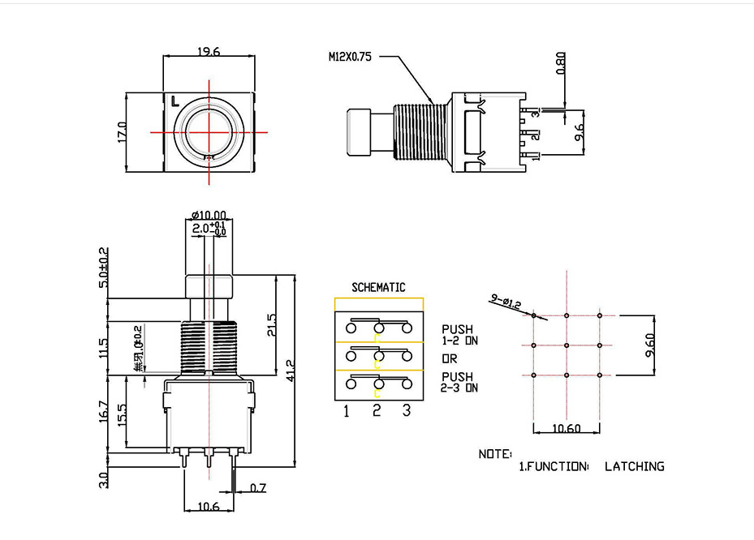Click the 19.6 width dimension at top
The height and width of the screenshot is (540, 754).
[209, 52]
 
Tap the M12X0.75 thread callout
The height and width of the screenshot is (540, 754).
[350, 58]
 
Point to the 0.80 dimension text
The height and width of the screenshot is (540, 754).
[559, 63]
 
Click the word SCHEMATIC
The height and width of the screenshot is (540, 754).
[378, 287]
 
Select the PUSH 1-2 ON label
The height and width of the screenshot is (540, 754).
[459, 335]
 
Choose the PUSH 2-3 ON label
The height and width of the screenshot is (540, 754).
[459, 382]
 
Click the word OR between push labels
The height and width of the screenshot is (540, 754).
[450, 358]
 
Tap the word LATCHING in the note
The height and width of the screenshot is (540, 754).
[634, 466]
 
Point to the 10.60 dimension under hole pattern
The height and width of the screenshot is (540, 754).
[566, 428]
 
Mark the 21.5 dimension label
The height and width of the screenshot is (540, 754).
[271, 324]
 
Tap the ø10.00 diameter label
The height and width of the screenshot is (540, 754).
[209, 216]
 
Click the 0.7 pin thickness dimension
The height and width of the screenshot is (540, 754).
[258, 488]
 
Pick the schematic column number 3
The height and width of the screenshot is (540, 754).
[407, 411]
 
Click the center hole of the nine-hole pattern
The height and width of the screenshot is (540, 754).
[567, 345]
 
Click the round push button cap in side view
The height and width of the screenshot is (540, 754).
[358, 132]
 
